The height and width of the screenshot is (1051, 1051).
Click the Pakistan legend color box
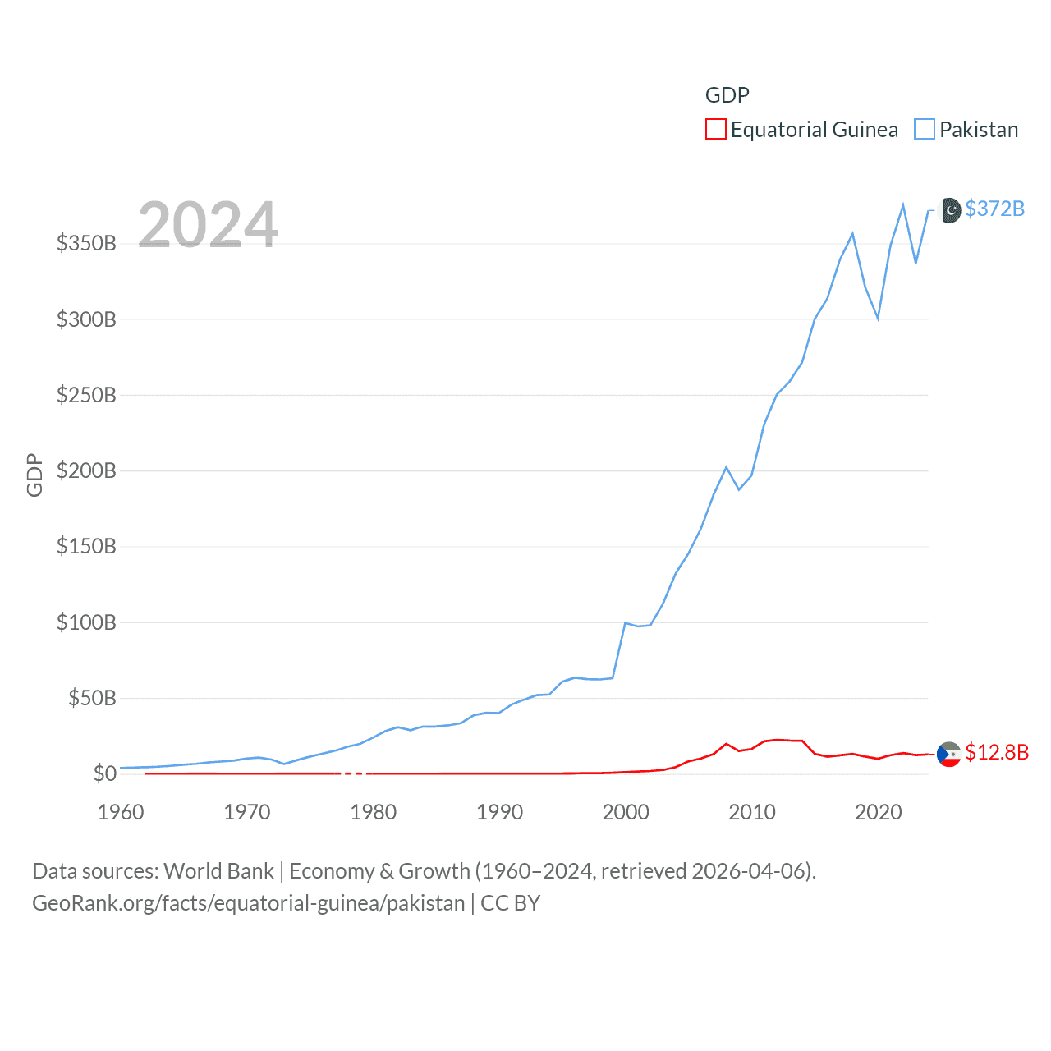925,130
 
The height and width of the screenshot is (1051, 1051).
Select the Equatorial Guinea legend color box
716,130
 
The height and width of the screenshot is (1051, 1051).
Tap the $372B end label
994,209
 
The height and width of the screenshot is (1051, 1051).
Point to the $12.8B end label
997,752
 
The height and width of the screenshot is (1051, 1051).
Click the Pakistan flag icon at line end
949,210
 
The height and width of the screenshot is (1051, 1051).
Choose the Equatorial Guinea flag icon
949,754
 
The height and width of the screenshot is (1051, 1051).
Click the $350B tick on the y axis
86,243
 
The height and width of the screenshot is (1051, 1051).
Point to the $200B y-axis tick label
86,470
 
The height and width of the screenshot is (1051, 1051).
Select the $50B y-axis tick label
91,698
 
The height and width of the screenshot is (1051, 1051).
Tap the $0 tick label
104,773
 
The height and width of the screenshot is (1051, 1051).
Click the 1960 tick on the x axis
121,812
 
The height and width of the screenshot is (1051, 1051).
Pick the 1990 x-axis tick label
499,812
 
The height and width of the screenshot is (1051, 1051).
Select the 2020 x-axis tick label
878,812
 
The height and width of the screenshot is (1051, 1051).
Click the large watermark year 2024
208,225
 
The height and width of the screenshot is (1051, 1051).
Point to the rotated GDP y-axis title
34,475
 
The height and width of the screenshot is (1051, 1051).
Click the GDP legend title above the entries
727,95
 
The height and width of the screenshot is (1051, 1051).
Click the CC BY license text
510,903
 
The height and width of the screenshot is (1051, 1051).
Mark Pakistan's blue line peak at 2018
852,234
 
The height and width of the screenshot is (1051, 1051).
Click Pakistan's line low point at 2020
878,319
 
